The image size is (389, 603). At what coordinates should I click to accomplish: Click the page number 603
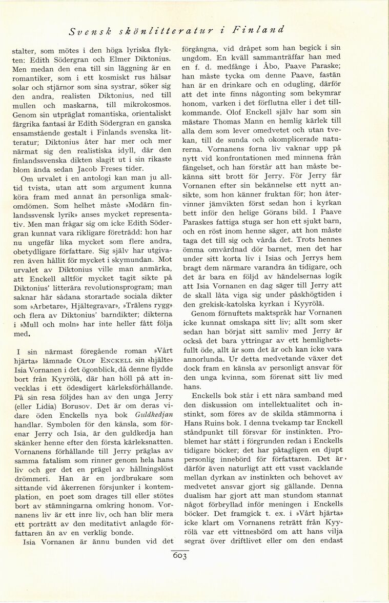(x=180, y=556)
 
